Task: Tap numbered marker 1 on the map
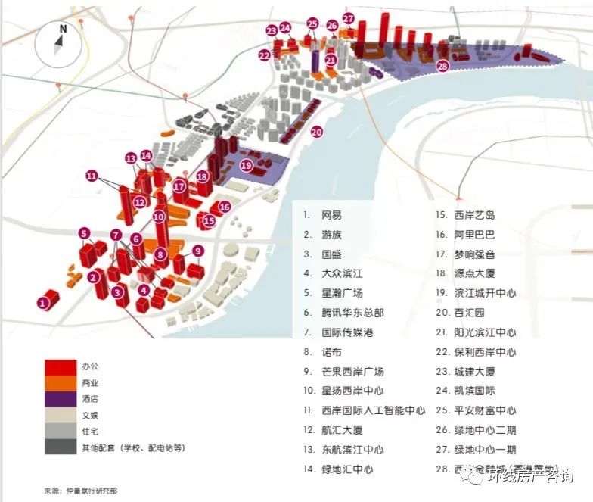(43, 303)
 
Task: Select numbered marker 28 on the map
(442, 66)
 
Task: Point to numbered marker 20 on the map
(316, 131)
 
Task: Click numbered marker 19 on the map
(246, 165)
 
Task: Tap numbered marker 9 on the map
(197, 251)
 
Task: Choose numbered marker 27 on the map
(348, 18)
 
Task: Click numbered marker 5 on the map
(84, 233)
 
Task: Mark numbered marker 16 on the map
(224, 207)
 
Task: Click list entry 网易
(331, 215)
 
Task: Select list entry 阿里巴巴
(475, 235)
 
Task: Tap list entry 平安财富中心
(485, 410)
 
